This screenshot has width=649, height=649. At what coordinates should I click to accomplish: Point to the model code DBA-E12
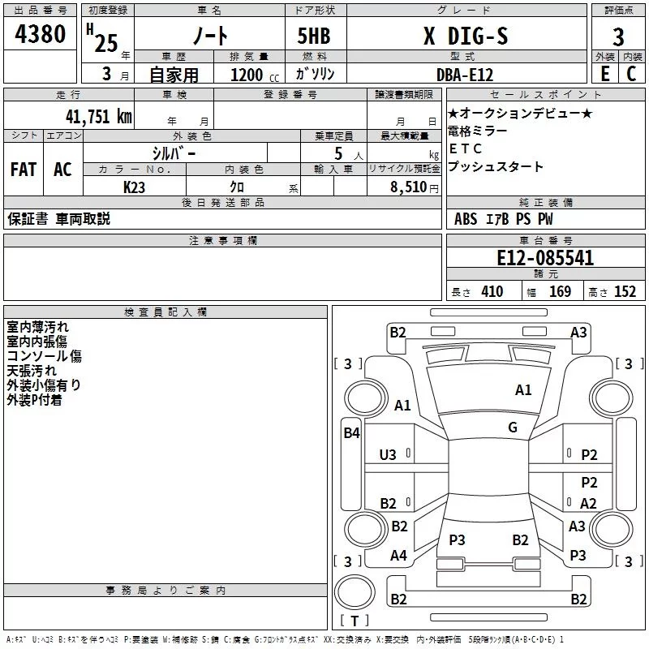[x=465, y=74]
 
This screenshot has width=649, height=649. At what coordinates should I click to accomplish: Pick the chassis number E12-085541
[x=545, y=259]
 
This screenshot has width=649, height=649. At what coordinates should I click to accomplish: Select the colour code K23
[x=135, y=187]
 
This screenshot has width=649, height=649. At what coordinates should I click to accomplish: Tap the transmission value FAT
[x=24, y=170]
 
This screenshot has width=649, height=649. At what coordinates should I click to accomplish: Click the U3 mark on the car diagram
[x=388, y=456]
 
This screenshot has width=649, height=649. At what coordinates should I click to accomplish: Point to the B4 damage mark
[x=351, y=433]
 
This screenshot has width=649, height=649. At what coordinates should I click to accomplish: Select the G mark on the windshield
[x=513, y=428]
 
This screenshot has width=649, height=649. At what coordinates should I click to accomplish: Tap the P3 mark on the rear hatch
[x=457, y=539]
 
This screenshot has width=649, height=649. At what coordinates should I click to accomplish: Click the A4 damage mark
[x=398, y=556]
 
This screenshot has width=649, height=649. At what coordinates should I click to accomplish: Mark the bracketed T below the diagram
[x=354, y=621]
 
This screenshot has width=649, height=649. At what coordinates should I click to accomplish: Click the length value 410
[x=492, y=292]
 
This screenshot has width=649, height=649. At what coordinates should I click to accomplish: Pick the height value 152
[x=625, y=292]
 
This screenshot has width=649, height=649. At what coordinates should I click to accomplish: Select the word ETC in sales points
[x=465, y=149]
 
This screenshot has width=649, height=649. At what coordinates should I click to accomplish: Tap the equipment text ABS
[x=466, y=219]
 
